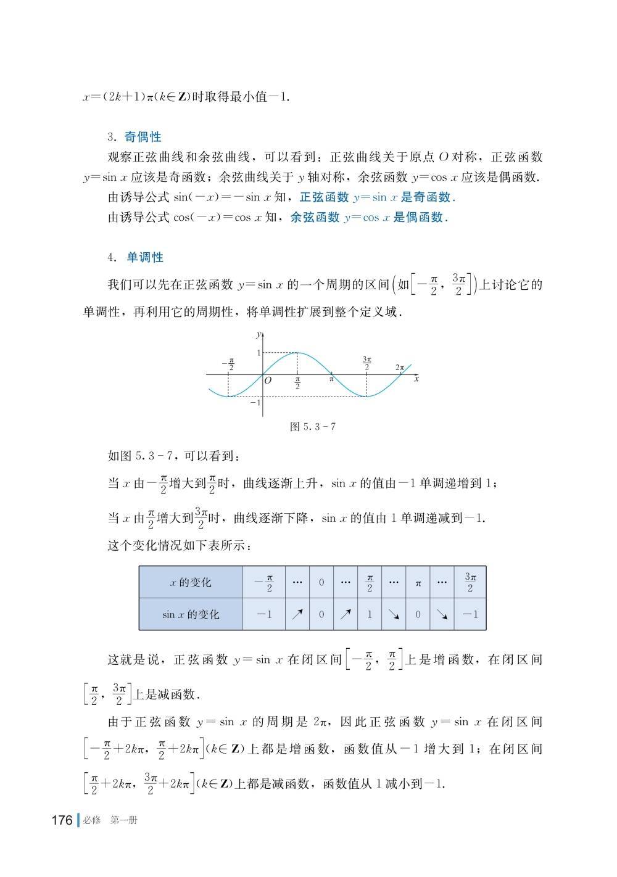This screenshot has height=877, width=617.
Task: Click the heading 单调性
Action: pyautogui.click(x=145, y=257)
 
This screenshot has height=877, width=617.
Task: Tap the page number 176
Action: pyautogui.click(x=62, y=820)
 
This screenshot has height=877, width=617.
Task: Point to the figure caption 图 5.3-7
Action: pyautogui.click(x=313, y=426)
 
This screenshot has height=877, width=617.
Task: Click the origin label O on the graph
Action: pyautogui.click(x=268, y=381)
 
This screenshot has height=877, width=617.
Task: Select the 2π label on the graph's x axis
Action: pyautogui.click(x=400, y=368)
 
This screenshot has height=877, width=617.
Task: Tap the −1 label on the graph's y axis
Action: pyautogui.click(x=255, y=403)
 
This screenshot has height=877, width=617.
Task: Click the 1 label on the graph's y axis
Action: pyautogui.click(x=259, y=353)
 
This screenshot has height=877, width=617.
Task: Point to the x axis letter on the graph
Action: pyautogui.click(x=416, y=379)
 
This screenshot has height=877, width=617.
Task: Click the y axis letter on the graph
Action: pyautogui.click(x=257, y=334)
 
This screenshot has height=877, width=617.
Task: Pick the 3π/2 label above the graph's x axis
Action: pyautogui.click(x=367, y=363)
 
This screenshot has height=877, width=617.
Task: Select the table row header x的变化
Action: pyautogui.click(x=191, y=582)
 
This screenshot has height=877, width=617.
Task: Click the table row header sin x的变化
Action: pyautogui.click(x=191, y=614)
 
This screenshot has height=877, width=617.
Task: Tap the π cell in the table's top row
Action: pyautogui.click(x=418, y=583)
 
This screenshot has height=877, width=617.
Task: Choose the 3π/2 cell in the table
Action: pyautogui.click(x=470, y=582)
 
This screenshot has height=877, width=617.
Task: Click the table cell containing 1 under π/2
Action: pyautogui.click(x=370, y=614)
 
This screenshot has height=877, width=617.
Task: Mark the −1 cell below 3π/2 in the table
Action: pyautogui.click(x=470, y=614)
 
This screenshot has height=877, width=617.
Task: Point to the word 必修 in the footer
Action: pyautogui.click(x=91, y=820)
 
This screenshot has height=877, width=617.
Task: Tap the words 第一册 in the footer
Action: pyautogui.click(x=124, y=820)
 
